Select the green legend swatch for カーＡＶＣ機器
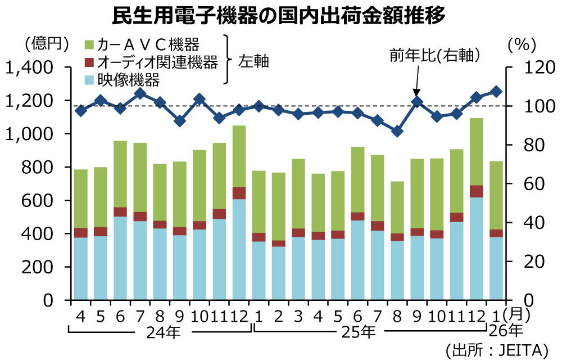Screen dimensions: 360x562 [88, 44]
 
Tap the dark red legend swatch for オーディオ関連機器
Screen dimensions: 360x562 [88, 62]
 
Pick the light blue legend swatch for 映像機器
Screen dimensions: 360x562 [88, 80]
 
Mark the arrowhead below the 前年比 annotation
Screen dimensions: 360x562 [416, 93]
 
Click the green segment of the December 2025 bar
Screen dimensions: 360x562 [476, 152]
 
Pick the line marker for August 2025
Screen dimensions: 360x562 [397, 131]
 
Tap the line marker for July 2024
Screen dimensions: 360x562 [140, 93]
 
